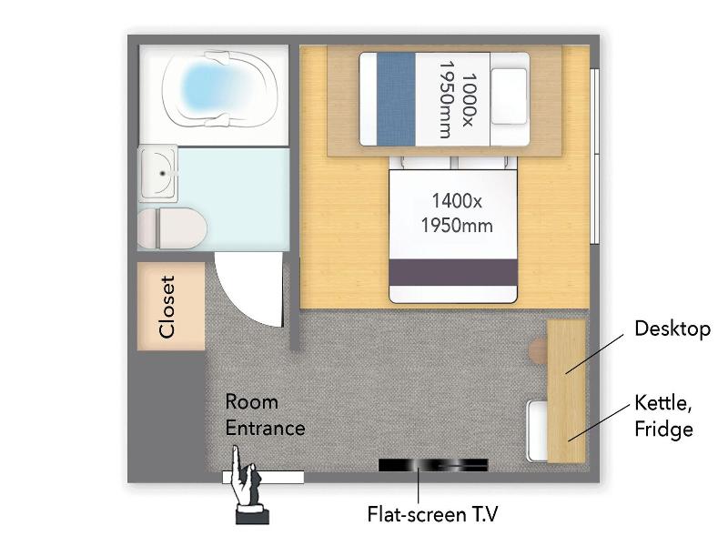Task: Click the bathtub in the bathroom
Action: [x=219, y=89]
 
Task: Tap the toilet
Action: [x=172, y=228]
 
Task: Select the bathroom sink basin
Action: [x=158, y=173]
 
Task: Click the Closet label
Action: [x=167, y=307]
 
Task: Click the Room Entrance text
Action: [x=265, y=415]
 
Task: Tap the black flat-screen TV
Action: [x=433, y=465]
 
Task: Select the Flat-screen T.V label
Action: [x=432, y=514]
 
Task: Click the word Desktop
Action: [x=672, y=329]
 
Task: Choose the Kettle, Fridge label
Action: [x=663, y=416]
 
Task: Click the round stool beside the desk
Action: [x=539, y=351]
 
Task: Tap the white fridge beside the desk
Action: [x=537, y=431]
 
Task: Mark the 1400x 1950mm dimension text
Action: [x=457, y=213]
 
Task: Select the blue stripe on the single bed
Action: [x=396, y=99]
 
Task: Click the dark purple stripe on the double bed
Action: [x=452, y=272]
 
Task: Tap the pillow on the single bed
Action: [x=509, y=96]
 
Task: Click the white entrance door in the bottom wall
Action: [x=263, y=477]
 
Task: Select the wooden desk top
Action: [x=566, y=391]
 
